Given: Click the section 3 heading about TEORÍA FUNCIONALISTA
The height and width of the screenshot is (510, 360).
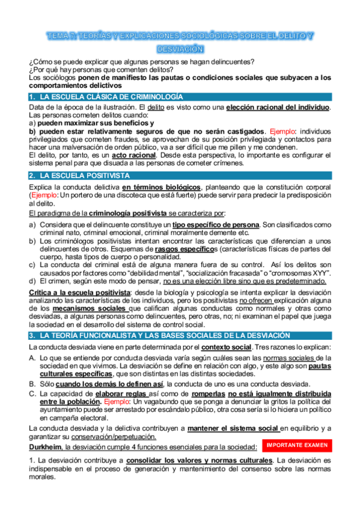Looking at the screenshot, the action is click(x=148, y=334).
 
